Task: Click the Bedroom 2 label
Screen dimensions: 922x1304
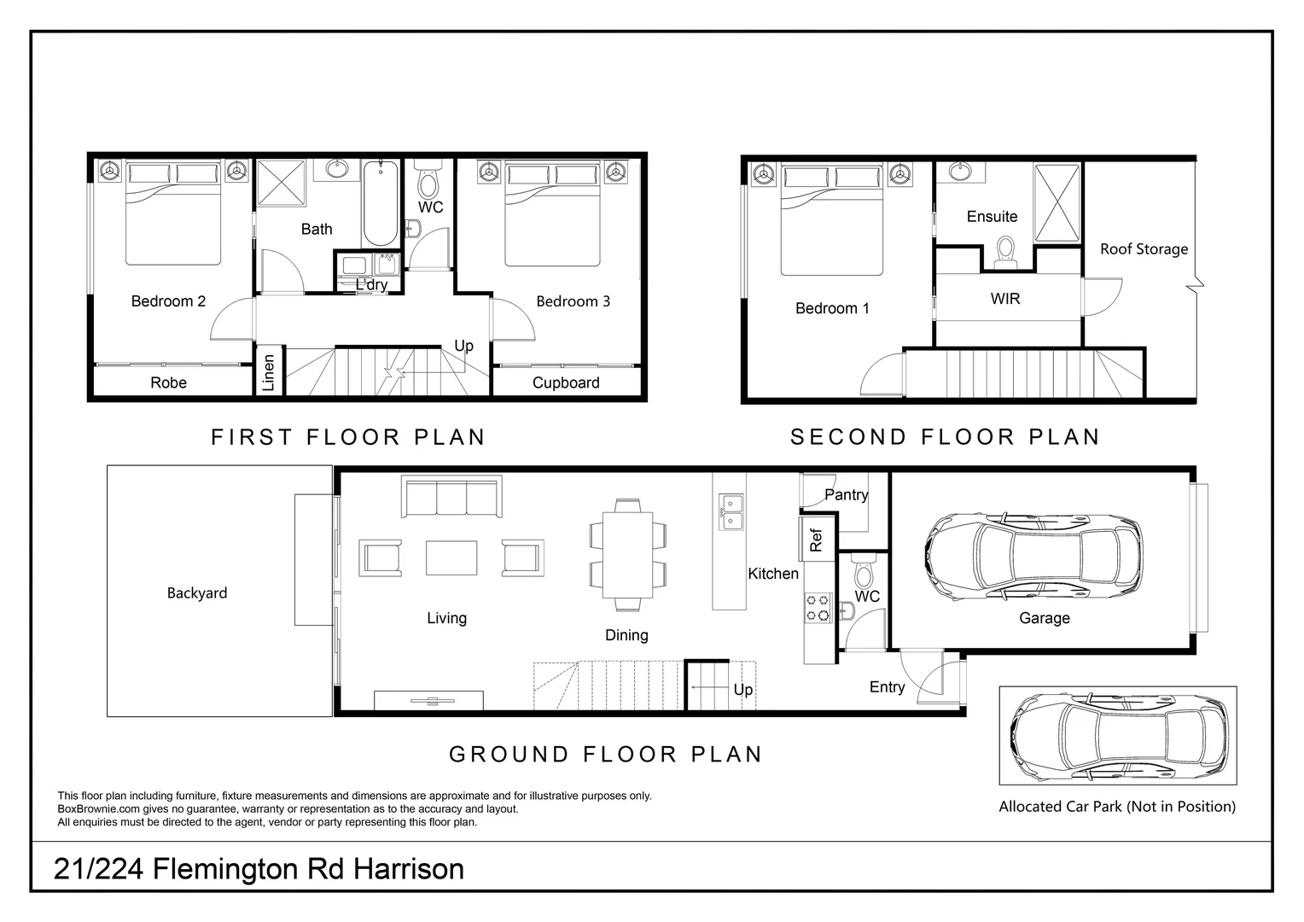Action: point(168,301)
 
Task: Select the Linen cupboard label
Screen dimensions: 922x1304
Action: point(269,373)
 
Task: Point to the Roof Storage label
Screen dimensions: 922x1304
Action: point(1144,249)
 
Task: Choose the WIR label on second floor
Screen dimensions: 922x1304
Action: point(1004,299)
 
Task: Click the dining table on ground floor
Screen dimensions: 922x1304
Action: point(627,555)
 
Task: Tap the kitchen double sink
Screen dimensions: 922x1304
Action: point(731,511)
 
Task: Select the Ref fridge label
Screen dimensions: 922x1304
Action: point(816,539)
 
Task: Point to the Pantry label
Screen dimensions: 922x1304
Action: point(846,495)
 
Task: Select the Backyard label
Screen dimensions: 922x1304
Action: point(197,593)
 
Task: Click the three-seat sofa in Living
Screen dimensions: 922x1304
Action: point(451,497)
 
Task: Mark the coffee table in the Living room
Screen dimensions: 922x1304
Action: point(451,558)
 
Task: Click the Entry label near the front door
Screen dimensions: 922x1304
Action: point(887,687)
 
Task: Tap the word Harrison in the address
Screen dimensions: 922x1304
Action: point(409,869)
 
